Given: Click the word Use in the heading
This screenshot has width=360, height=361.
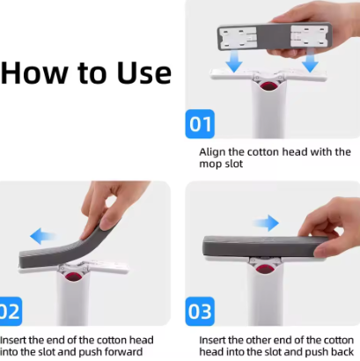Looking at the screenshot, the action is click(144, 72).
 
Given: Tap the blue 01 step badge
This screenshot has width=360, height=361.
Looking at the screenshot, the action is click(200, 124).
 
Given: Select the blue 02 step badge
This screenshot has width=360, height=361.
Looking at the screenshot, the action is click(11, 311).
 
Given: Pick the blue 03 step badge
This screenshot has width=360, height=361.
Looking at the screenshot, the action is click(200, 311).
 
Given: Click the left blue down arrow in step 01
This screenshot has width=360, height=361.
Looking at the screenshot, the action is click(234, 61).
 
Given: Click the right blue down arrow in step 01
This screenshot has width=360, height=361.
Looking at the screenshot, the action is click(310, 61).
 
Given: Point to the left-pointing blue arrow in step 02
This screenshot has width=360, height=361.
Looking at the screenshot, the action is click(42, 237).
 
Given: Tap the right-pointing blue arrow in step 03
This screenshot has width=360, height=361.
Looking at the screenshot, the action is click(267, 223).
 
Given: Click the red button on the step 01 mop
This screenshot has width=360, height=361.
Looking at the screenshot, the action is click(268, 86).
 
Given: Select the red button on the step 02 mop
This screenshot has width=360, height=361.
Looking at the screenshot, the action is click(73, 276).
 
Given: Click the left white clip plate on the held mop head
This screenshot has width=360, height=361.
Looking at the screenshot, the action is click(239, 38).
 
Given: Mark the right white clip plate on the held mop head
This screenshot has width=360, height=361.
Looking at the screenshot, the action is click(309, 36).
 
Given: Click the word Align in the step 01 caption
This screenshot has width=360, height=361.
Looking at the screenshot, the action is click(212, 152).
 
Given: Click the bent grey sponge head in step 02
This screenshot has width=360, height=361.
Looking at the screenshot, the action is click(68, 247).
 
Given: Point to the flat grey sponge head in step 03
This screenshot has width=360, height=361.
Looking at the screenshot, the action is click(264, 247).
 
